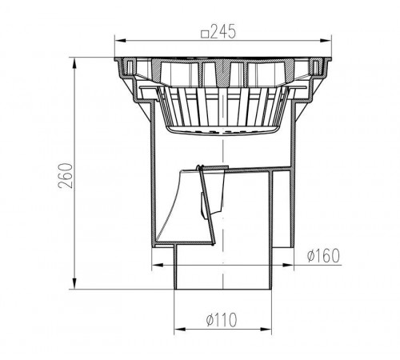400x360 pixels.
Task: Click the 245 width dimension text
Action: [x=223, y=32]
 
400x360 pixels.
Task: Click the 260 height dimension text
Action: [x=66, y=176]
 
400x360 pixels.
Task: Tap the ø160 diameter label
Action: [x=323, y=255]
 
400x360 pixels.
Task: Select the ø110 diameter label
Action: [x=222, y=319]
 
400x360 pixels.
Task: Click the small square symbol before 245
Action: [x=205, y=34]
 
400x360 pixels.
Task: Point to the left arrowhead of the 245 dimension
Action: [x=120, y=41]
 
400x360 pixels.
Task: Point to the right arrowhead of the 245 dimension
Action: [x=326, y=41]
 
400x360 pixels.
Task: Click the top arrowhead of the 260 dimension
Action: [x=74, y=63]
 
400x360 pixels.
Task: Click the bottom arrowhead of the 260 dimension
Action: [x=74, y=283]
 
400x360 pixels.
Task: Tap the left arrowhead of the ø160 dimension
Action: [x=158, y=265]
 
